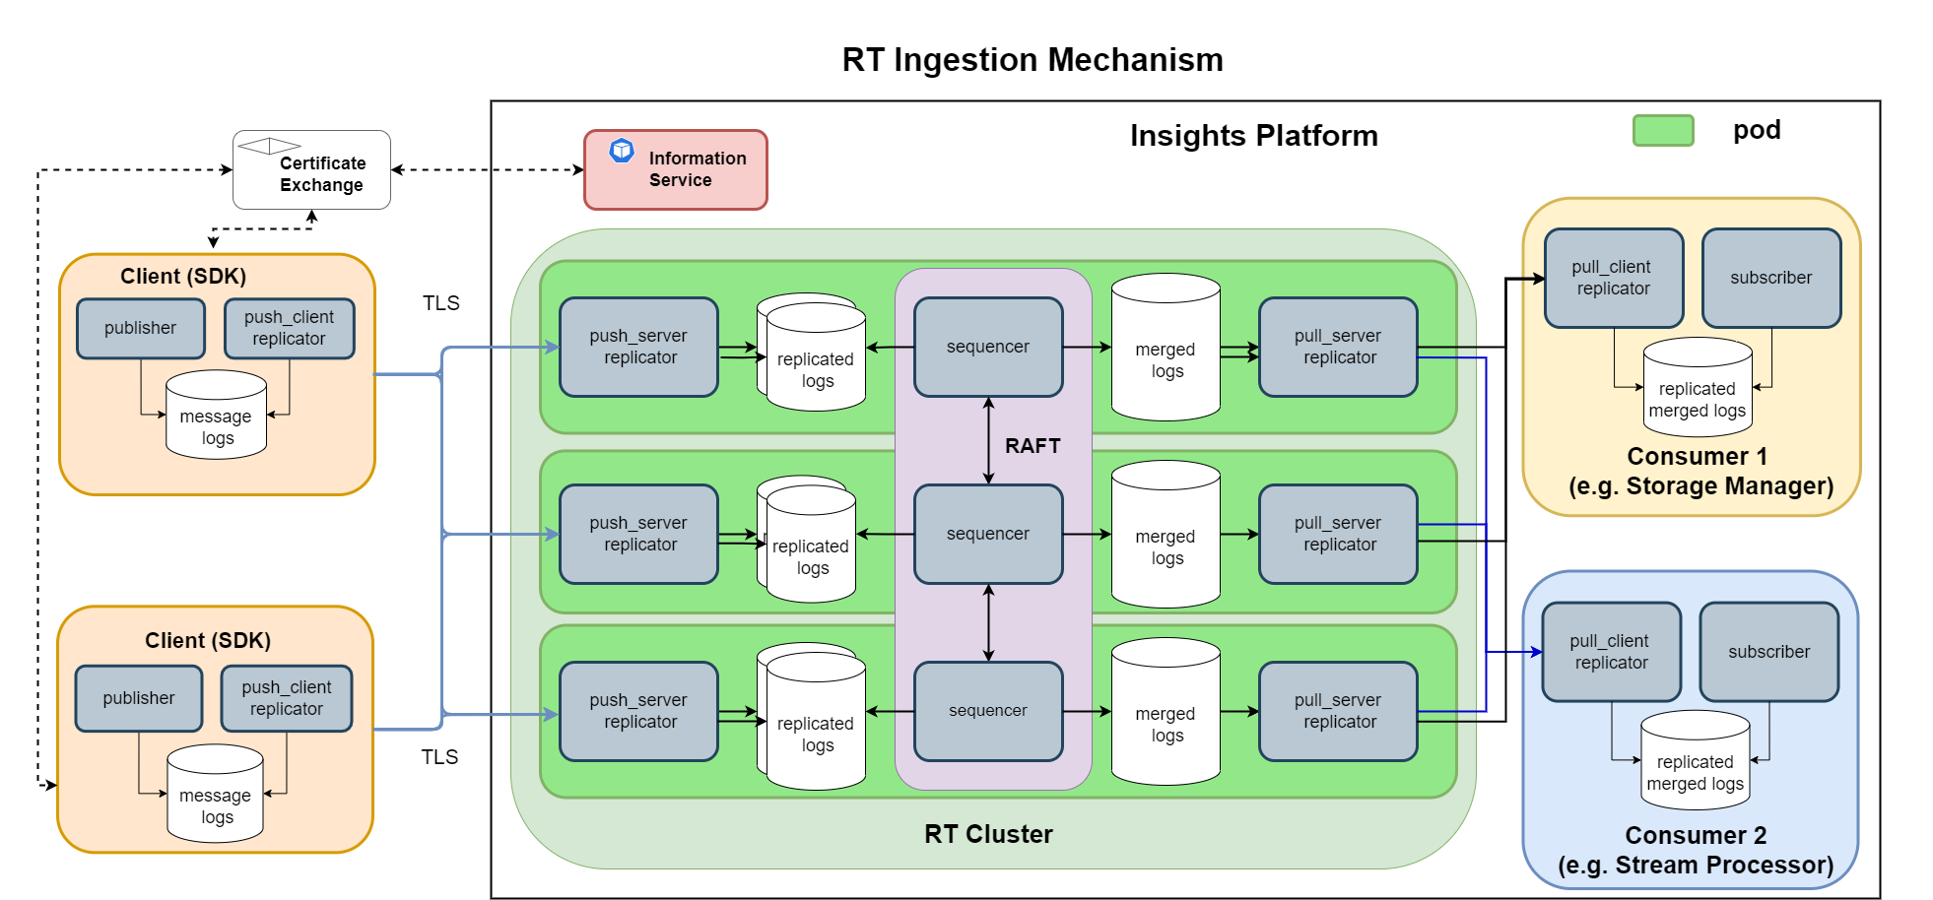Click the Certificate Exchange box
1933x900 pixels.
pyautogui.click(x=311, y=170)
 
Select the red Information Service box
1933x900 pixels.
pyautogui.click(x=675, y=170)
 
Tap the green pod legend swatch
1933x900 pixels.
pyautogui.click(x=1662, y=130)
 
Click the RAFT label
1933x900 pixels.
pyautogui.click(x=1032, y=446)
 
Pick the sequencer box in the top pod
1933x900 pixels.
pyautogui.click(x=987, y=347)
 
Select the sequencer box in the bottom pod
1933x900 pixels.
pyautogui.click(x=987, y=711)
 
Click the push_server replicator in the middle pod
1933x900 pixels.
pyautogui.click(x=638, y=534)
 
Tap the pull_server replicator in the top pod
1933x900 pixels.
pyautogui.click(x=1337, y=347)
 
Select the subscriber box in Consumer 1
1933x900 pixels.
pyautogui.click(x=1770, y=278)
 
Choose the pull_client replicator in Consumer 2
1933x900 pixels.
pyautogui.click(x=1611, y=652)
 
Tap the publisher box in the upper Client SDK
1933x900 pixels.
pyautogui.click(x=140, y=328)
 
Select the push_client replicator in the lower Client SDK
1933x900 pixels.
pyautogui.click(x=286, y=698)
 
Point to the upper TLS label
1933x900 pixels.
pyautogui.click(x=440, y=303)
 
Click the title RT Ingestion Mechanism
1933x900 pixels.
pyautogui.click(x=1032, y=60)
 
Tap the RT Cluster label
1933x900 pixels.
pyautogui.click(x=987, y=834)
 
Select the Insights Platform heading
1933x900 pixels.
pyautogui.click(x=1253, y=136)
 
